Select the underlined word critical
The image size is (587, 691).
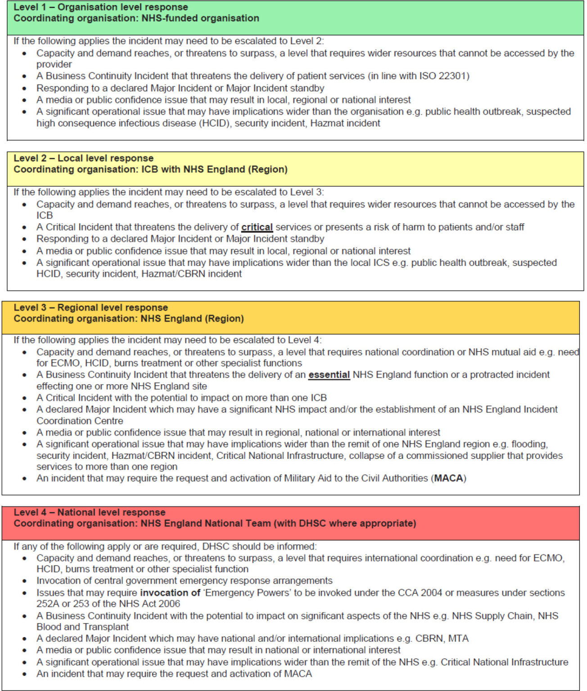click(x=257, y=227)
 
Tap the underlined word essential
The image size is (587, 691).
click(x=329, y=375)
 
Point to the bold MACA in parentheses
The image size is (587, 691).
click(x=448, y=478)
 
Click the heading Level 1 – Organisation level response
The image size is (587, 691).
click(x=101, y=7)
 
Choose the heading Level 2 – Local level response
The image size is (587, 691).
click(x=83, y=158)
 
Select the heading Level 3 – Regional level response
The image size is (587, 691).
click(x=90, y=308)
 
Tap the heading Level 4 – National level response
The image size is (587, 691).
click(x=89, y=512)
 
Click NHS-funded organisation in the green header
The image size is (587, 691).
click(x=200, y=18)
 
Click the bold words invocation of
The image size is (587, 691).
click(x=170, y=593)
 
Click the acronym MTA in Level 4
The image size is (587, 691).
click(x=458, y=639)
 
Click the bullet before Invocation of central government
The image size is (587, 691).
click(x=24, y=581)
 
